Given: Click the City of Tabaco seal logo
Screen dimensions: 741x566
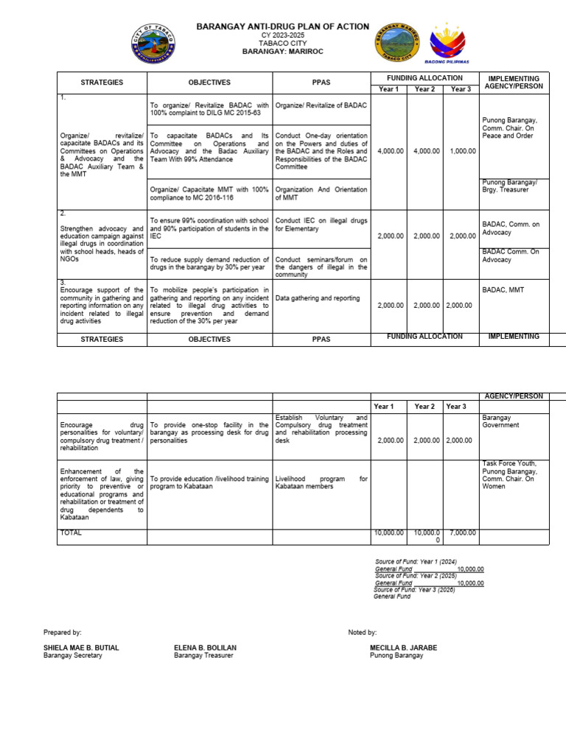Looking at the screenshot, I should (x=153, y=43).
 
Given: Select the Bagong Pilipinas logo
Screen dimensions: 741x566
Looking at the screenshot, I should (x=447, y=41).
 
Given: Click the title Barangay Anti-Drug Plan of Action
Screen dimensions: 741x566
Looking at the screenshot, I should (x=282, y=27).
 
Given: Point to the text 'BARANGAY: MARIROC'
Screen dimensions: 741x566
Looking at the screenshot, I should (x=282, y=52).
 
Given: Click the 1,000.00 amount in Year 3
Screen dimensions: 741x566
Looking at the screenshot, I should (x=462, y=151).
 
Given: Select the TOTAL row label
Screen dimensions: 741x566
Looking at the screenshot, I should (x=71, y=533).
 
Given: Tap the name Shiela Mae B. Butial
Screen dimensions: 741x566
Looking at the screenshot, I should (x=81, y=648).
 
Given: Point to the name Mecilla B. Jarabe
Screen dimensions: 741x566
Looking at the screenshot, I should (x=403, y=648).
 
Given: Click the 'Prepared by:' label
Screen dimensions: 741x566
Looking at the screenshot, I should (x=62, y=633).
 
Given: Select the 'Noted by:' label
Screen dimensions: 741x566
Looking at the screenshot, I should (x=362, y=633).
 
